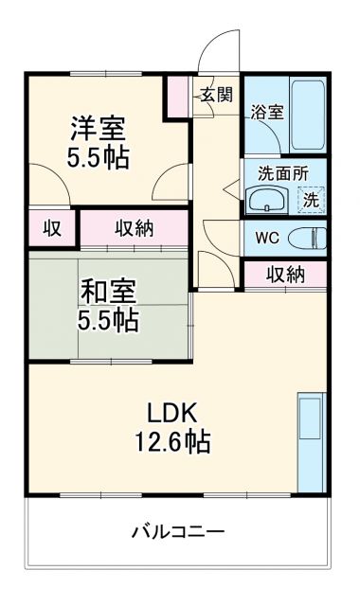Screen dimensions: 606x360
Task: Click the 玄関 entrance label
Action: coord(215,94)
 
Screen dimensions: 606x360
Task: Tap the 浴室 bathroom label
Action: coord(266,112)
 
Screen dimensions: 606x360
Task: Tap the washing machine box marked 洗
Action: coord(311,199)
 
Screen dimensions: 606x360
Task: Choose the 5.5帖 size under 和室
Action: coord(108,320)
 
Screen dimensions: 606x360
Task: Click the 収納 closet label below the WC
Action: coord(284,275)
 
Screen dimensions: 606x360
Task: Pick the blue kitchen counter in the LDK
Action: coord(310,442)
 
